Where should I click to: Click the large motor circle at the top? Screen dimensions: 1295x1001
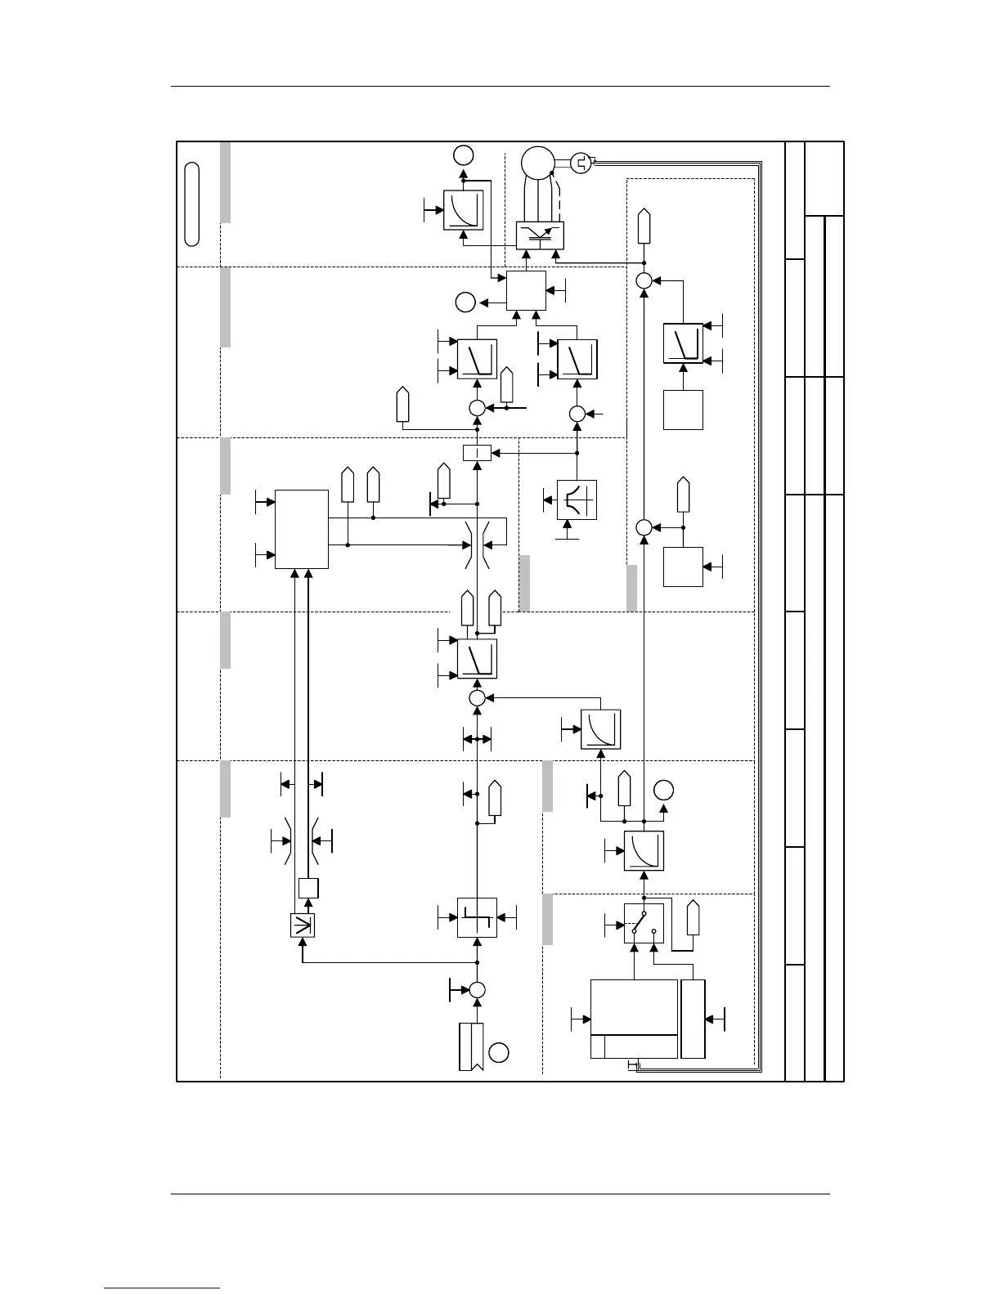(537, 162)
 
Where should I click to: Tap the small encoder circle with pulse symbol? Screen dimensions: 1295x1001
(581, 164)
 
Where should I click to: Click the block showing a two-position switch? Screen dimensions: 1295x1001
(644, 923)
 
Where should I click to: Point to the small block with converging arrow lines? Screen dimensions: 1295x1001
(303, 925)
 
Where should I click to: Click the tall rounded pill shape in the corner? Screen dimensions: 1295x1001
(192, 204)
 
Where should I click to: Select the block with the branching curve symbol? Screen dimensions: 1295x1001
(577, 500)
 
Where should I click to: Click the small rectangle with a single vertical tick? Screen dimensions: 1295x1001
(477, 452)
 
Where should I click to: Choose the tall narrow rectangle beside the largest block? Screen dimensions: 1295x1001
(693, 1018)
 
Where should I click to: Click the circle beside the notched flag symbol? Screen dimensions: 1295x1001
(499, 1052)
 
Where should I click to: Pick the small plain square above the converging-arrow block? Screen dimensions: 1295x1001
(307, 888)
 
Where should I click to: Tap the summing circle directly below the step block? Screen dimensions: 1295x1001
(477, 989)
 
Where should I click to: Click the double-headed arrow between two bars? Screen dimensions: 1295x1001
(477, 739)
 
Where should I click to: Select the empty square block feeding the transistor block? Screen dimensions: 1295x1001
(526, 290)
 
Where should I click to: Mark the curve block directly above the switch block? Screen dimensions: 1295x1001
(644, 850)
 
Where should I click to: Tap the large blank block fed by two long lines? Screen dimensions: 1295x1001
(302, 529)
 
